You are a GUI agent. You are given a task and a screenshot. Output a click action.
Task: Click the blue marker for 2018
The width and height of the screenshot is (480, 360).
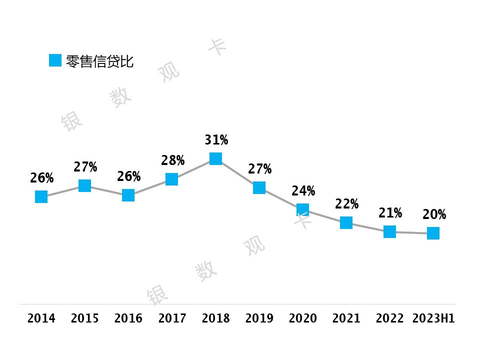215,158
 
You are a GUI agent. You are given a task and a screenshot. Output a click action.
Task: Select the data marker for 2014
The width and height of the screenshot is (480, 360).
41,197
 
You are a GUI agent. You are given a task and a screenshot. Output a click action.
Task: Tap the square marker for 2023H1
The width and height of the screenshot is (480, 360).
433,233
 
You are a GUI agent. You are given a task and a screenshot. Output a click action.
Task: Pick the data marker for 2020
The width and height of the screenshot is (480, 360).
302,209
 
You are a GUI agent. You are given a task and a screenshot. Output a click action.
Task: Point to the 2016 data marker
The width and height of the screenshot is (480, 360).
128,195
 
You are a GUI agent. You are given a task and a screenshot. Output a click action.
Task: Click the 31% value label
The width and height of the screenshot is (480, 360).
216,140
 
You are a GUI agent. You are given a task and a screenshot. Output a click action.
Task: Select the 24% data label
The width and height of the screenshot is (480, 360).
303,191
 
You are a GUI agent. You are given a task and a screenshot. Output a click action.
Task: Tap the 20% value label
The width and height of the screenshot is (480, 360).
434,215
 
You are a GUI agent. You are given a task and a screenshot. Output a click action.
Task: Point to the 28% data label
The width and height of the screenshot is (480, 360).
172,160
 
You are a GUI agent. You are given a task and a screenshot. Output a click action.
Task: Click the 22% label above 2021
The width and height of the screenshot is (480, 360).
346,204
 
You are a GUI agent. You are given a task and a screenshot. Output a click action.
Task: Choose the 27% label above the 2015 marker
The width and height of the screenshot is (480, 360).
85,167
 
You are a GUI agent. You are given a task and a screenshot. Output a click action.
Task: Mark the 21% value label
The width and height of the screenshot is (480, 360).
390,213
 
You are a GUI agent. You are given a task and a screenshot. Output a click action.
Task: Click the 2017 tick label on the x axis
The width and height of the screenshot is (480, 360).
172,318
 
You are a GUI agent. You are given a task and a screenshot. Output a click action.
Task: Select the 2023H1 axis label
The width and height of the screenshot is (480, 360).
433,318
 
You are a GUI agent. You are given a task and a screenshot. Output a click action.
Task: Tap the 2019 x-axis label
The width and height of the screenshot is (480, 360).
259,318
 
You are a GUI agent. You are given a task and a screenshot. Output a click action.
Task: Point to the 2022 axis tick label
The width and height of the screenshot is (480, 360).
390,318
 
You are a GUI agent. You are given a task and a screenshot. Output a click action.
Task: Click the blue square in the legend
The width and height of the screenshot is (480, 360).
55,60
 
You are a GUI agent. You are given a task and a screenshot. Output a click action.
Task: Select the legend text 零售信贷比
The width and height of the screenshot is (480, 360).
99,61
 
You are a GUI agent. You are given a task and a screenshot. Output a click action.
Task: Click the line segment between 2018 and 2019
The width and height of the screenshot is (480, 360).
237,173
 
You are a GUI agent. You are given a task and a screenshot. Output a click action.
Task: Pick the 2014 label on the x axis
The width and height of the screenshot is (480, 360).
41,318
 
